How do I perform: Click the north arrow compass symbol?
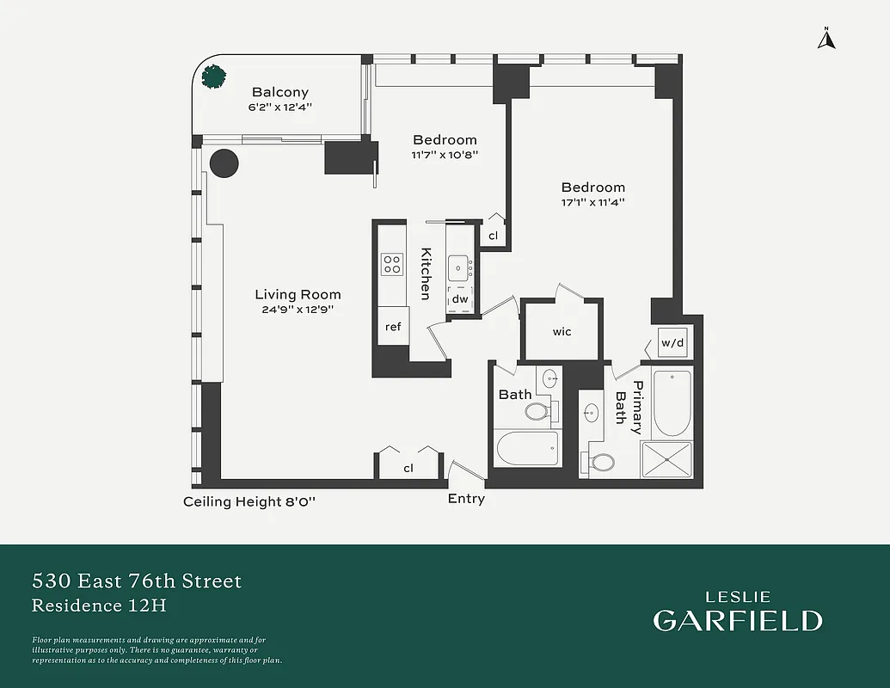click(x=826, y=38)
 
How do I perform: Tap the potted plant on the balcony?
click(x=214, y=76)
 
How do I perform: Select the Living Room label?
click(x=298, y=295)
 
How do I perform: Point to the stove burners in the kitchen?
click(x=392, y=263)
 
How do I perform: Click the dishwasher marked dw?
click(x=460, y=299)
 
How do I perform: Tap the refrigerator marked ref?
click(x=392, y=327)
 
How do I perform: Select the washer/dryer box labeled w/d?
click(x=672, y=343)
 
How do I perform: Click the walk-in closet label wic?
click(x=562, y=332)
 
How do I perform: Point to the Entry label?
click(x=466, y=499)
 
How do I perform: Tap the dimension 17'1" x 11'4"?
click(x=592, y=203)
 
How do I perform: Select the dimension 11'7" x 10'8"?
click(x=445, y=156)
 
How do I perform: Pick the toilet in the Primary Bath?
click(x=601, y=463)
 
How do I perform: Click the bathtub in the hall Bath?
click(x=527, y=448)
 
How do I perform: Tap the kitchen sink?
click(x=459, y=267)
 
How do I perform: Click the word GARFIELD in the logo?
click(x=737, y=621)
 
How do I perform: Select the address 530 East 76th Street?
click(x=137, y=581)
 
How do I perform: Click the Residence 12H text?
click(x=99, y=605)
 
